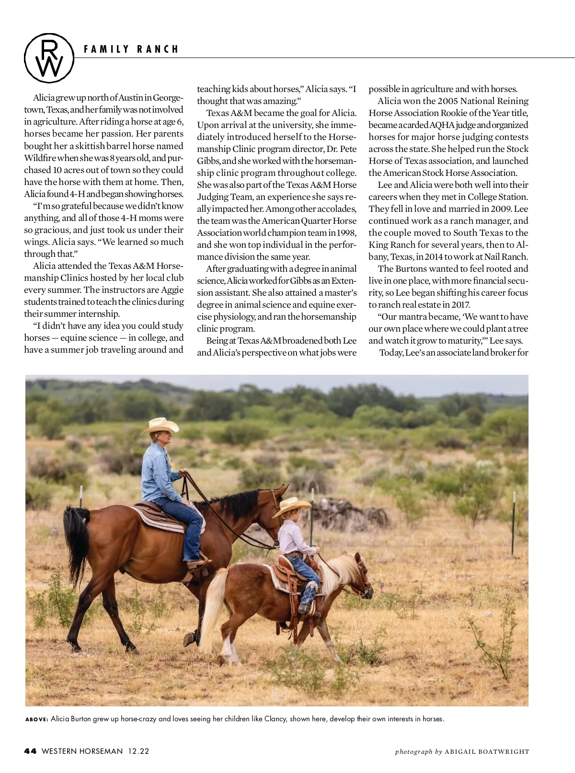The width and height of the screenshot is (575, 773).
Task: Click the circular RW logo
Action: pyautogui.click(x=49, y=57)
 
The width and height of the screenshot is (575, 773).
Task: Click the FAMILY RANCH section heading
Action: pyautogui.click(x=131, y=49)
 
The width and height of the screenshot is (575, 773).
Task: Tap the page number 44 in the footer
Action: pyautogui.click(x=31, y=751)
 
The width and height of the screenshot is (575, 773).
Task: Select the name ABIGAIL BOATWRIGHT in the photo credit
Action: pyautogui.click(x=487, y=751)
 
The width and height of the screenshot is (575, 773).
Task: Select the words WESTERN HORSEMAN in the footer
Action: pyautogui.click(x=82, y=751)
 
